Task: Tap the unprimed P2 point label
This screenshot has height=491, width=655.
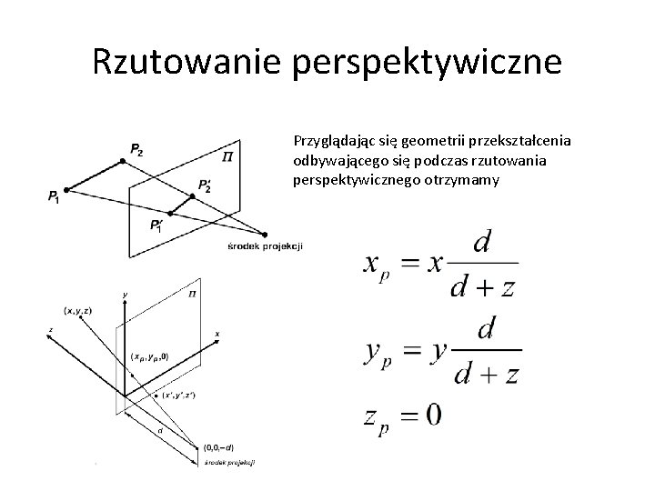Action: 136,149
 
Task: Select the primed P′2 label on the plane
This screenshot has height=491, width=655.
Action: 205,186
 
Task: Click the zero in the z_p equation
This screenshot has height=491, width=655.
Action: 432,415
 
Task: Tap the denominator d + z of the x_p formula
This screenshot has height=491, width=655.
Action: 483,287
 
